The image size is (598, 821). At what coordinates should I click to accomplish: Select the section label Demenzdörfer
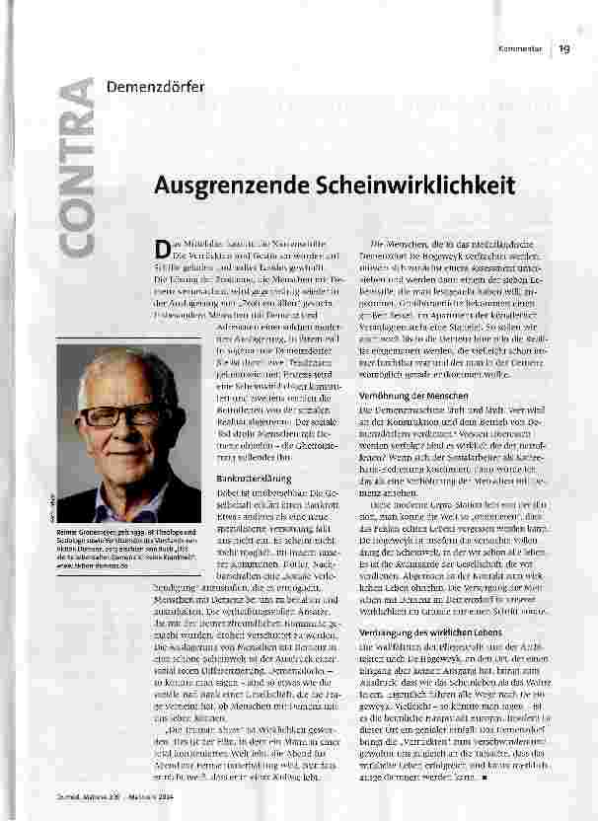pos(155,86)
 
